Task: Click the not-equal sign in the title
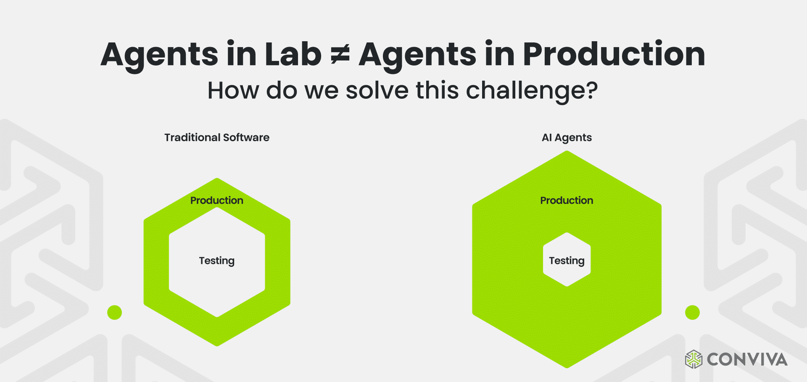pyautogui.click(x=340, y=55)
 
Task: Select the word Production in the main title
pyautogui.click(x=614, y=54)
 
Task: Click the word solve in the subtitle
pyautogui.click(x=377, y=90)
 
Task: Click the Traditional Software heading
pyautogui.click(x=217, y=137)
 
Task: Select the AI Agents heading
pyautogui.click(x=567, y=138)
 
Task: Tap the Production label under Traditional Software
pyautogui.click(x=217, y=200)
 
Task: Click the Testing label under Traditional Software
pyautogui.click(x=217, y=261)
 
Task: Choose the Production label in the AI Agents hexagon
pyautogui.click(x=567, y=200)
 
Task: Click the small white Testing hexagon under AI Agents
pyautogui.click(x=567, y=260)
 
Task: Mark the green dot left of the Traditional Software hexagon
pyautogui.click(x=114, y=313)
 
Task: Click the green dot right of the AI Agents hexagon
pyautogui.click(x=692, y=313)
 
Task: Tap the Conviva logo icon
pyautogui.click(x=694, y=359)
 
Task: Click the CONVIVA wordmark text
pyautogui.click(x=747, y=360)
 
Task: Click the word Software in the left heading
pyautogui.click(x=246, y=137)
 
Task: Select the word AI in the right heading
pyautogui.click(x=547, y=137)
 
